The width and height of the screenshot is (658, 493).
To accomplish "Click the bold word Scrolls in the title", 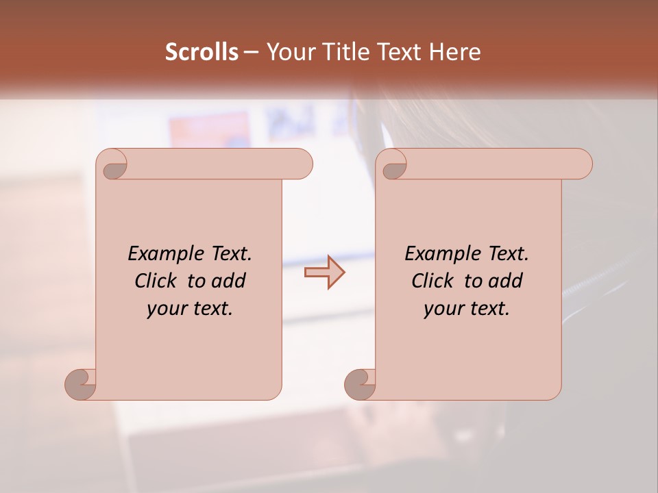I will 202,52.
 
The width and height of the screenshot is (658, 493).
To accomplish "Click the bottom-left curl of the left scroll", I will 81,384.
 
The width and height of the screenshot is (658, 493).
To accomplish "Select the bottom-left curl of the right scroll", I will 360,384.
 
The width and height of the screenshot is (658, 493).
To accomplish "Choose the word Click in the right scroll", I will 431,281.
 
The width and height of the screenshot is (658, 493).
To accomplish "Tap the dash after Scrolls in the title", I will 251,52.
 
